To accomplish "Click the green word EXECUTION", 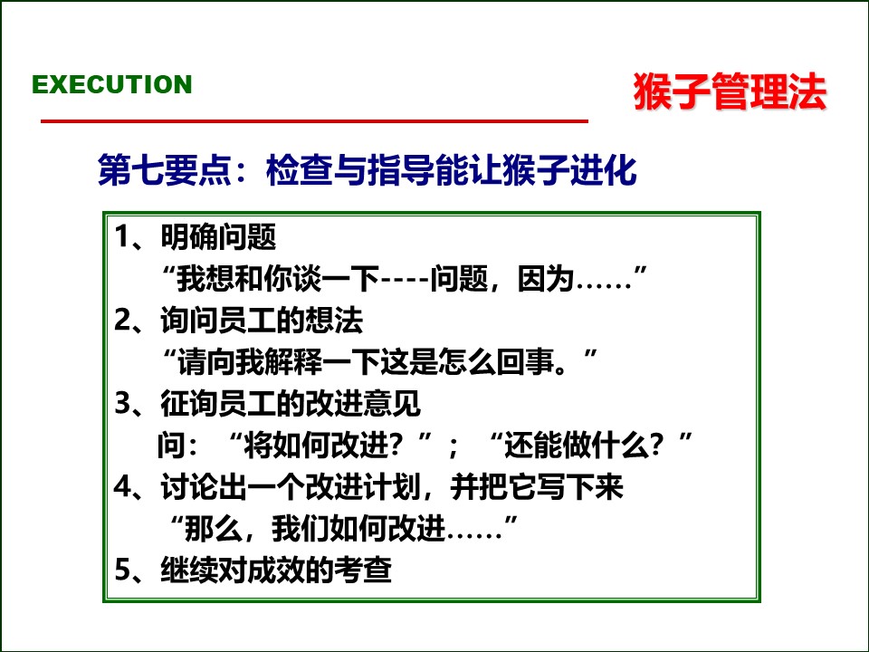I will (112, 84).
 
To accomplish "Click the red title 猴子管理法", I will (730, 92).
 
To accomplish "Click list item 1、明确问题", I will (196, 238).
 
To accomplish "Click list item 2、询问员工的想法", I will (239, 321).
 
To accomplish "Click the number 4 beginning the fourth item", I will (123, 487).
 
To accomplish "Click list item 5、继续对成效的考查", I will (253, 570).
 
